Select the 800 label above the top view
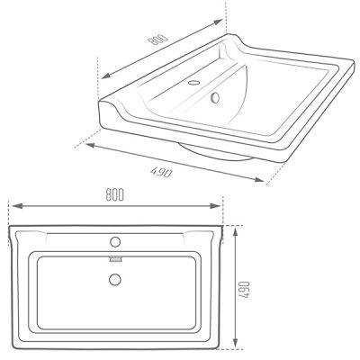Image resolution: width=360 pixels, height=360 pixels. (115, 194)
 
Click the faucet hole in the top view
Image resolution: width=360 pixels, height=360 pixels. (115, 242)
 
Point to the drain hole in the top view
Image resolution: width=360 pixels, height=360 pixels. (115, 280)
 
